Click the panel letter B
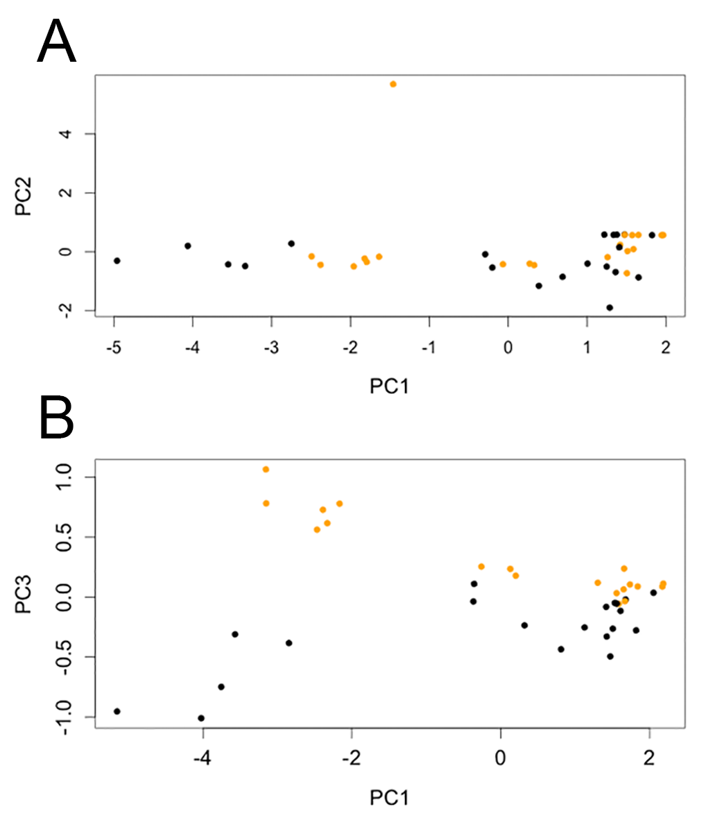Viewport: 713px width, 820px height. pyautogui.click(x=57, y=418)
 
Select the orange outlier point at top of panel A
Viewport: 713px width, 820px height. pyautogui.click(x=393, y=84)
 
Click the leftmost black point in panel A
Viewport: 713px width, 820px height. pyautogui.click(x=117, y=261)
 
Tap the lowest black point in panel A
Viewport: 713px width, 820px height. pyautogui.click(x=610, y=307)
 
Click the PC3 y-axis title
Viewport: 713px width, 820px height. pyautogui.click(x=26, y=597)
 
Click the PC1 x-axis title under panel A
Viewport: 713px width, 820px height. pyautogui.click(x=389, y=385)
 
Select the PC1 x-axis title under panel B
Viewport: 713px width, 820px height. pyautogui.click(x=389, y=798)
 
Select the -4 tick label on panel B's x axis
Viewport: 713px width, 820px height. pyautogui.click(x=201, y=758)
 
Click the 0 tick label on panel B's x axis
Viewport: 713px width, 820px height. pyautogui.click(x=500, y=758)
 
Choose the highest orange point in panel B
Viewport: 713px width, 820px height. pyautogui.click(x=266, y=470)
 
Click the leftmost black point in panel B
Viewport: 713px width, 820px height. pyautogui.click(x=117, y=711)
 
